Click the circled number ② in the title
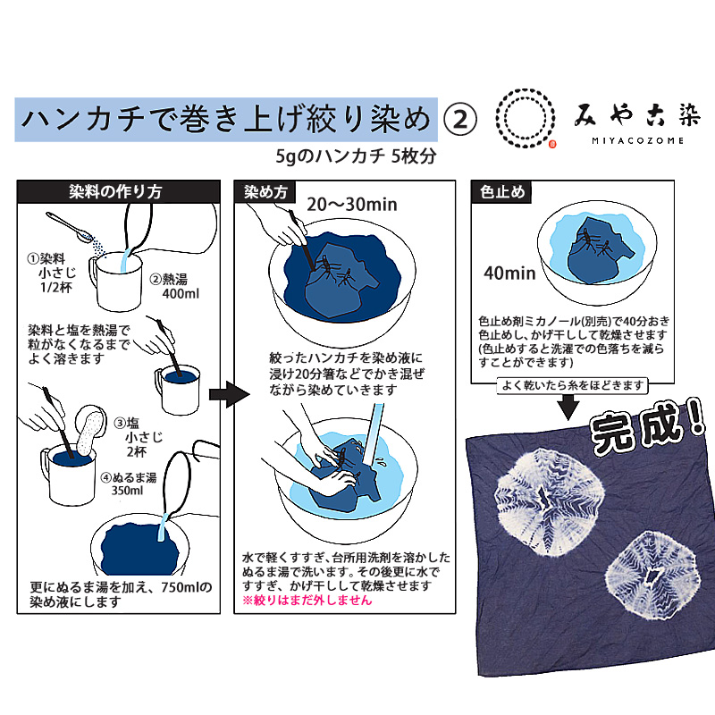coord(460,120)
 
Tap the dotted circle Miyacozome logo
coord(526,118)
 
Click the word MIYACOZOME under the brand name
coord(637,141)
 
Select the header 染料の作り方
coord(115,191)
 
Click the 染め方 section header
coord(265,192)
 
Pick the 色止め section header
coord(502,192)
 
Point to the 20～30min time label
coord(351,205)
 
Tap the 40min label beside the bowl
coord(509,273)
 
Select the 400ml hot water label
coord(181,294)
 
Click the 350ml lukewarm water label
coord(127,491)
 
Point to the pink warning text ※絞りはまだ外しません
coord(307,600)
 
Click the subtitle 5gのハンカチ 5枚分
coord(356,156)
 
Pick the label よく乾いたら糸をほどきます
coord(572,386)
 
